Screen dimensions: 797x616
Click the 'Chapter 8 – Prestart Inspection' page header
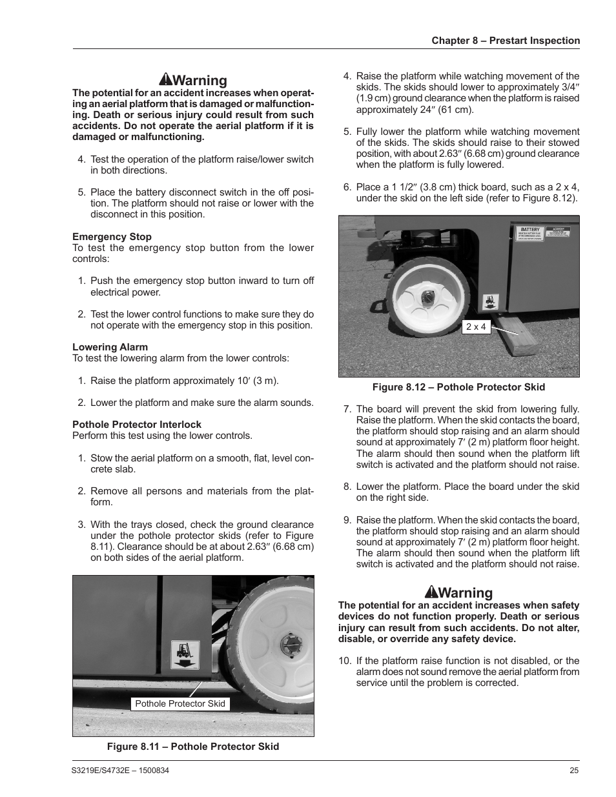(x=506, y=41)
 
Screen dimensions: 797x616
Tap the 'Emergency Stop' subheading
(x=112, y=237)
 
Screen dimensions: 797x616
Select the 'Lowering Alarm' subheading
(x=110, y=347)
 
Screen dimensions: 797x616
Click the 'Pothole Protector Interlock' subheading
(x=137, y=425)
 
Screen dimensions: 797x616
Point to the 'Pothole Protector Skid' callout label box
(x=180, y=703)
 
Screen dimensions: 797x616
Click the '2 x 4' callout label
(x=476, y=327)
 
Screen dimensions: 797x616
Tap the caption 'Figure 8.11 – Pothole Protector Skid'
(x=193, y=747)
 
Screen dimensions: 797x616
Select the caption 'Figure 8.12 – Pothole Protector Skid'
(x=458, y=387)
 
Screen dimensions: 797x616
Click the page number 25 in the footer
(x=574, y=771)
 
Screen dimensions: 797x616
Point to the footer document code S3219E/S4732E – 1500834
(x=121, y=771)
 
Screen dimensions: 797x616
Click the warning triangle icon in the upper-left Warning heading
(x=165, y=80)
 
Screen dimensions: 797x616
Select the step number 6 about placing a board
(x=347, y=187)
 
